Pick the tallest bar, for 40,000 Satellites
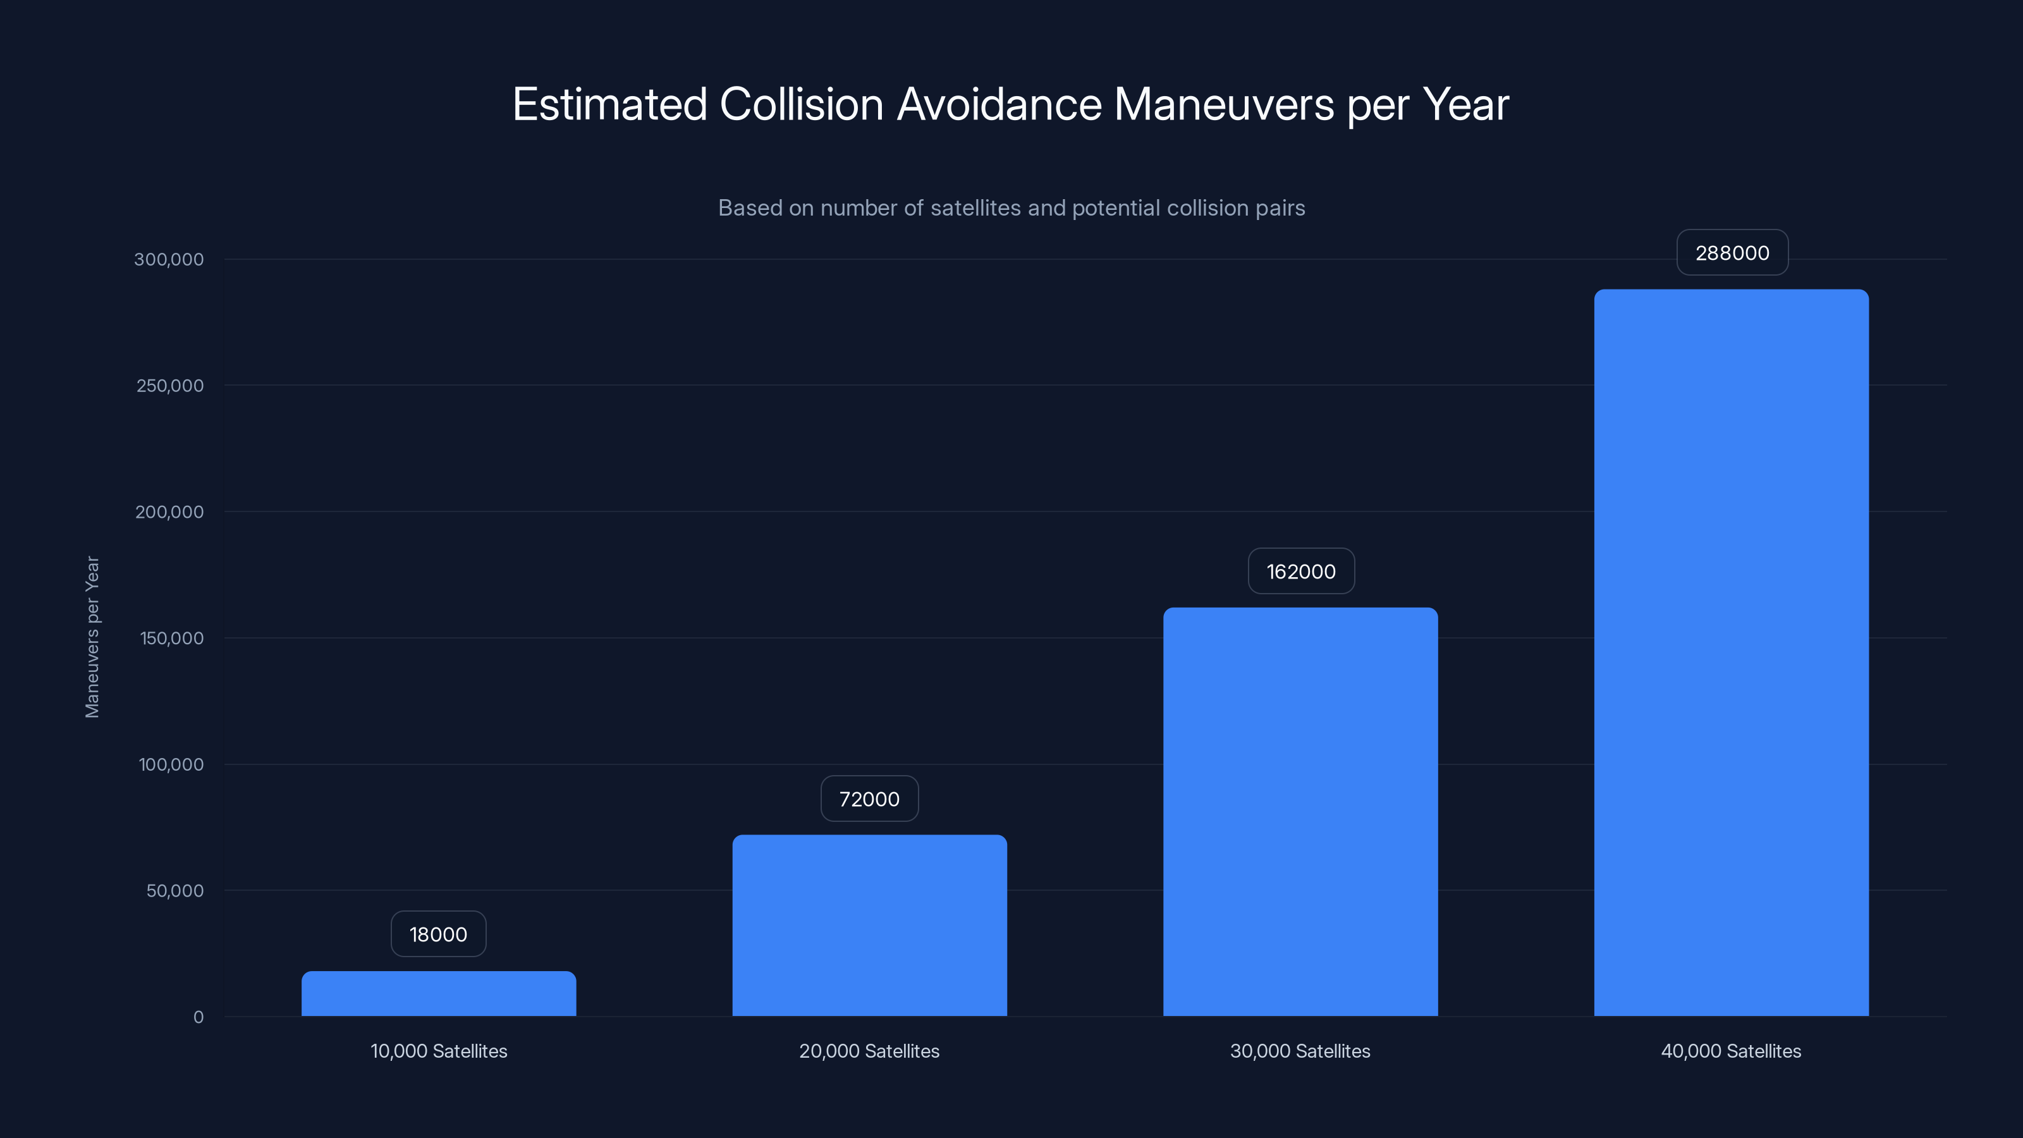coord(1731,652)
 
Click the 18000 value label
coord(438,934)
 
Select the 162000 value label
coord(1300,571)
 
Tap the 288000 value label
coord(1732,253)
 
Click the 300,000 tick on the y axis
coord(169,259)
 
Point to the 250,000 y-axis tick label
coord(169,386)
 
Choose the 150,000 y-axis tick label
coord(171,638)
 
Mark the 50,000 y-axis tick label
coord(174,891)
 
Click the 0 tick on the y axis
coord(198,1017)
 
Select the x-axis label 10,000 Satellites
coord(438,1051)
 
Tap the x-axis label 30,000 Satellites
coord(1300,1051)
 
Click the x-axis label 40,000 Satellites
coord(1731,1051)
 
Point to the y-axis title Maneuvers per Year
coord(92,637)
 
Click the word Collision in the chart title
coord(801,104)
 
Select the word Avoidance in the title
coord(999,104)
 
